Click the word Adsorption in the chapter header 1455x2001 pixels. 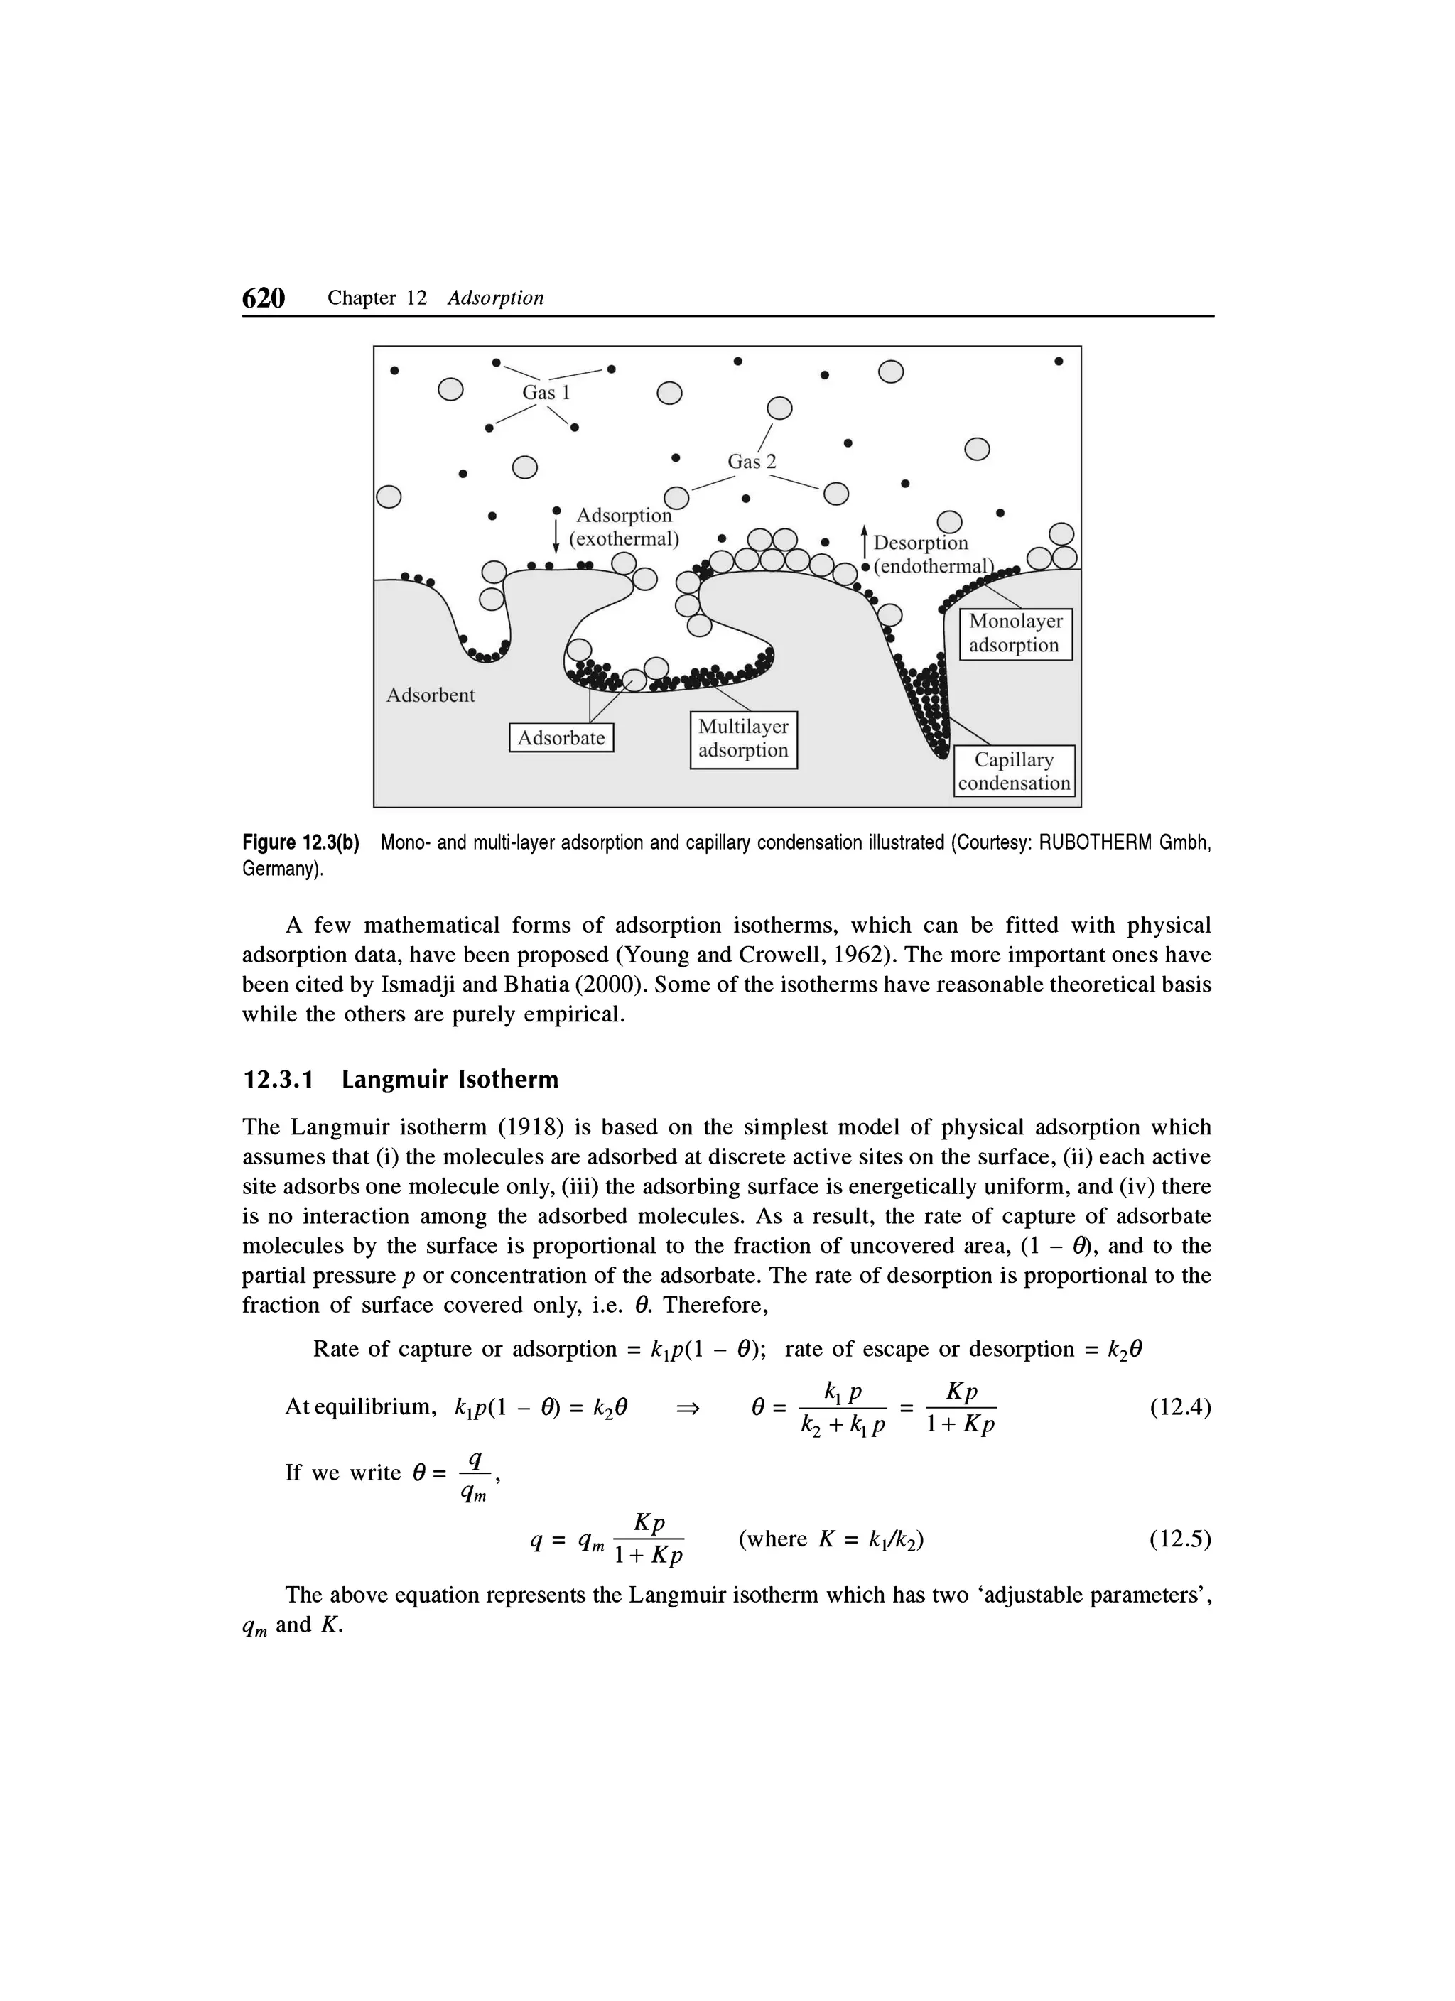(x=495, y=298)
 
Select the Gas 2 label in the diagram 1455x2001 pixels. (x=751, y=462)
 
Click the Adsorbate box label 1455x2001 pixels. (x=561, y=737)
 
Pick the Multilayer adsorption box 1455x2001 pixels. (x=743, y=739)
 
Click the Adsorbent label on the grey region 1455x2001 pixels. (x=431, y=695)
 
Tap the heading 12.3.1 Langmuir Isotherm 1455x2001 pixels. (x=401, y=1080)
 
